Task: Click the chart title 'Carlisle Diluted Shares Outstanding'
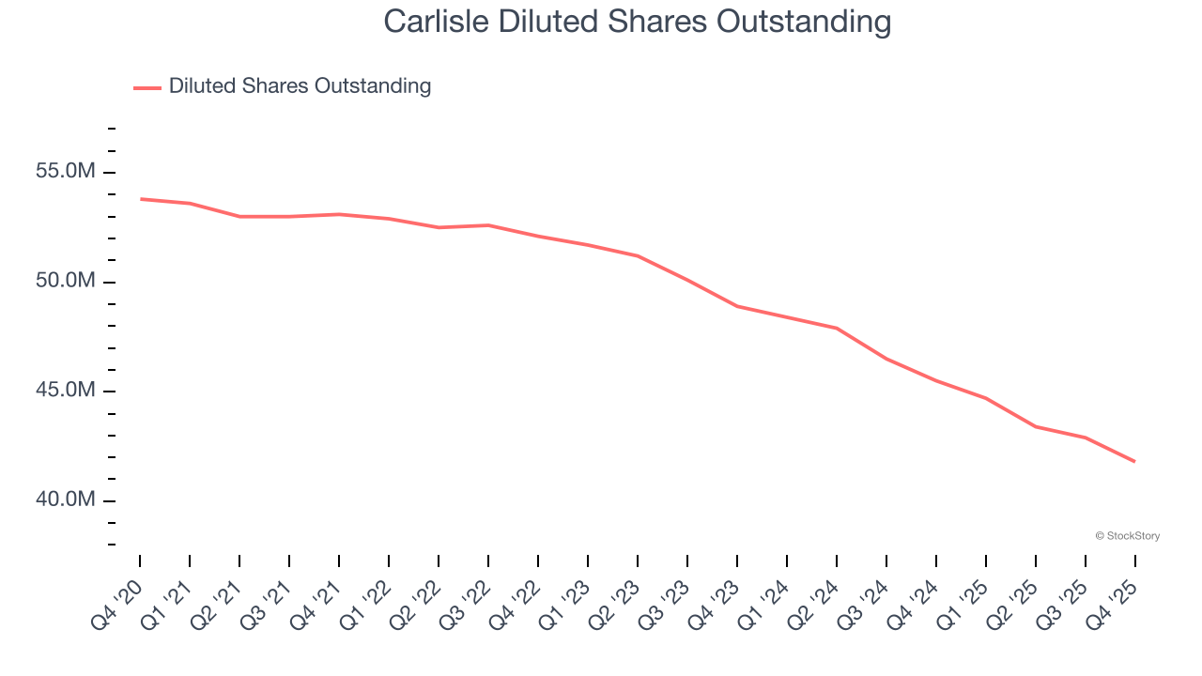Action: pyautogui.click(x=637, y=21)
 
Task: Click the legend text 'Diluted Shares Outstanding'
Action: pyautogui.click(x=300, y=86)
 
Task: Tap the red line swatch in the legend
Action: pyautogui.click(x=147, y=87)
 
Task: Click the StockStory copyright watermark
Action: pyautogui.click(x=1127, y=536)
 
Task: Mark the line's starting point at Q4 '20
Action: pyautogui.click(x=141, y=199)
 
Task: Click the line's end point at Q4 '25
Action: pyautogui.click(x=1134, y=461)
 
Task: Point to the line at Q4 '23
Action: pyautogui.click(x=737, y=306)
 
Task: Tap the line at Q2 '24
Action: pyautogui.click(x=837, y=328)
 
